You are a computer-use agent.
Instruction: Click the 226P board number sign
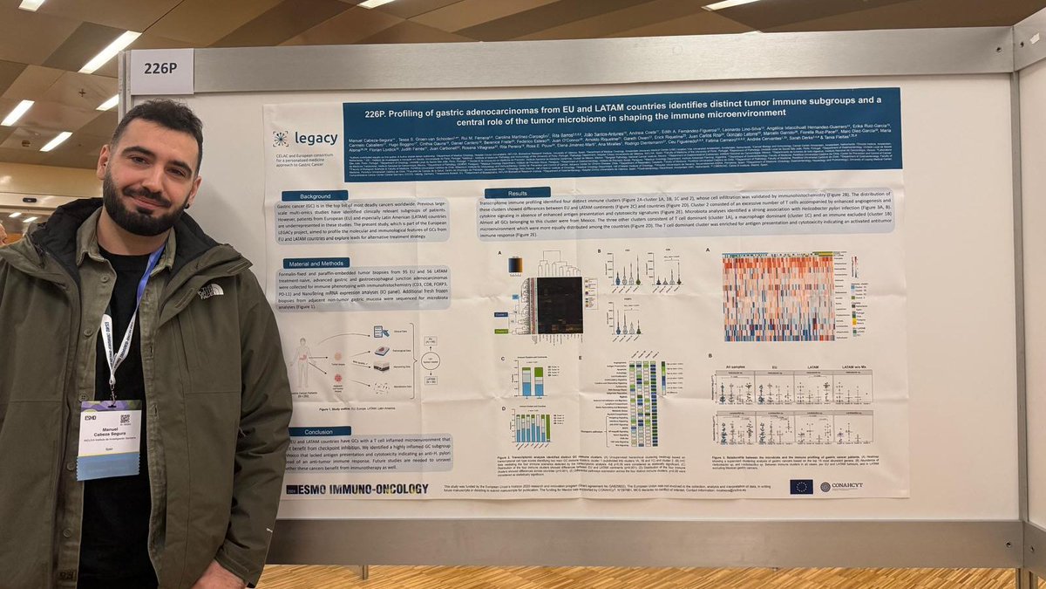point(161,70)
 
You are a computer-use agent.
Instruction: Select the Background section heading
point(314,195)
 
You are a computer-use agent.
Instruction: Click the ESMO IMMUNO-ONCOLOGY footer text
point(357,490)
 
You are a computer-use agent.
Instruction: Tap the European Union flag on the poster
point(801,486)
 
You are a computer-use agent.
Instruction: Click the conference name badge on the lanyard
point(109,439)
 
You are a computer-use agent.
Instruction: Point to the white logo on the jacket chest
point(210,290)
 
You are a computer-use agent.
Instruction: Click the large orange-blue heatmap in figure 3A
point(778,298)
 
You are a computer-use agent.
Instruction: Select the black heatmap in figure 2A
point(559,305)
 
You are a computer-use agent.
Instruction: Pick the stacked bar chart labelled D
point(531,428)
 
